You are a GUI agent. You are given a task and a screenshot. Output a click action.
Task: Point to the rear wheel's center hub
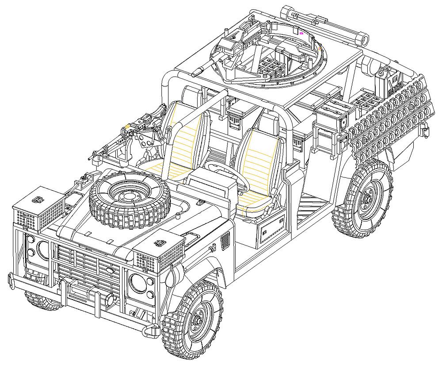click(366, 199)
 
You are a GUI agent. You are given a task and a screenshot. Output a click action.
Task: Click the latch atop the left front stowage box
click(37, 200)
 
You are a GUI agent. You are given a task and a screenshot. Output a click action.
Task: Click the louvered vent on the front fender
click(225, 242)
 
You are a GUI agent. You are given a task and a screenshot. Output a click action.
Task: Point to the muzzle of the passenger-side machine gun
click(94, 156)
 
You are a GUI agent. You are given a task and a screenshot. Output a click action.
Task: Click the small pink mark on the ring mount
click(301, 33)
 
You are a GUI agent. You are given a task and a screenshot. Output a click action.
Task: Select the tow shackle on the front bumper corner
click(150, 330)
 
